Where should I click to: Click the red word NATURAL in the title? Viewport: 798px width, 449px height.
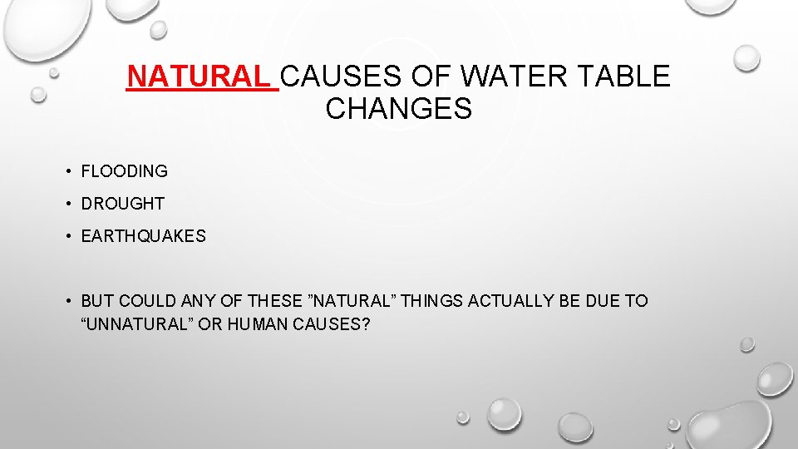[x=200, y=76]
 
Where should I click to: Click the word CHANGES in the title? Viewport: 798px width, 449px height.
[x=399, y=108]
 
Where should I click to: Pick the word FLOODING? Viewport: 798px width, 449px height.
[x=125, y=171]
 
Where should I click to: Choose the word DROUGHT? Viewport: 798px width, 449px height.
[x=123, y=204]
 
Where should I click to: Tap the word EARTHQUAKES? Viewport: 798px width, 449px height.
[x=144, y=236]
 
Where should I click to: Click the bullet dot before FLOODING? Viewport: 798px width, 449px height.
[x=66, y=172]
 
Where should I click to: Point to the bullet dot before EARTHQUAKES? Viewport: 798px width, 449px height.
[x=66, y=237]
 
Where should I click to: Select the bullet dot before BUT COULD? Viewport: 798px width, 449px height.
[x=66, y=302]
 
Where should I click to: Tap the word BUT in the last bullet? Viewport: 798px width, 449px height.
[x=96, y=301]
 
